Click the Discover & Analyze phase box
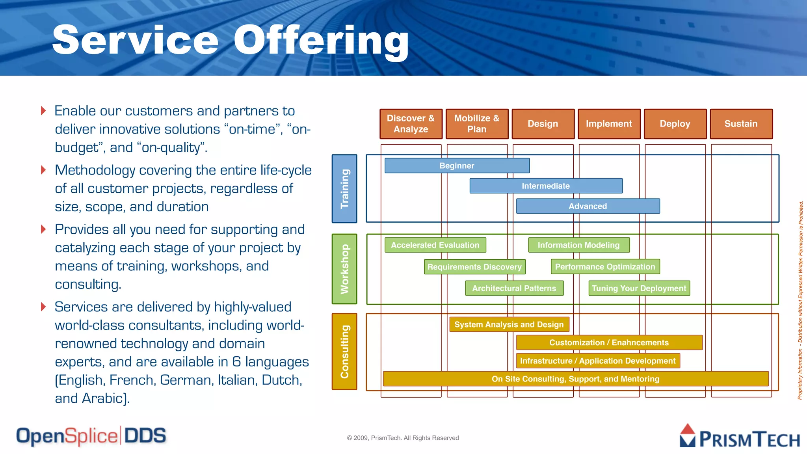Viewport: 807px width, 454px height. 411,124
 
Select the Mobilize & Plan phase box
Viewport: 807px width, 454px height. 477,124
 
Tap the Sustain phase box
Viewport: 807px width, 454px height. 741,124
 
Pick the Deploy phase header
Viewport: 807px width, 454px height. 675,124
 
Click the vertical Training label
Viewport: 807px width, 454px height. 344,188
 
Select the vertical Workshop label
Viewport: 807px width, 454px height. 344,269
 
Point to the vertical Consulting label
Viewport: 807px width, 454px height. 344,351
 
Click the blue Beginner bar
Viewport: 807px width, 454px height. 457,166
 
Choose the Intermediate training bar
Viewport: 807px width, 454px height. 546,186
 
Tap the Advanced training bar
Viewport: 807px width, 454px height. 588,206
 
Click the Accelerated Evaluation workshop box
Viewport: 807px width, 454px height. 435,245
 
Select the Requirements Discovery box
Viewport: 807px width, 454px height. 474,267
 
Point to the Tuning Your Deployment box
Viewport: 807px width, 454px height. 639,288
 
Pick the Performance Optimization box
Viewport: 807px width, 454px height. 605,267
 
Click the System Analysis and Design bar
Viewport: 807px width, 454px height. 509,324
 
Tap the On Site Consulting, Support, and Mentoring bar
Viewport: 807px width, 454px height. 575,379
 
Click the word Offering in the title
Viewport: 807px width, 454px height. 321,40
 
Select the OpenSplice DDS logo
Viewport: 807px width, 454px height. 91,436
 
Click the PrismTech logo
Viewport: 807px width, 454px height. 739,437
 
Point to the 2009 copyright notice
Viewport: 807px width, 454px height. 403,438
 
